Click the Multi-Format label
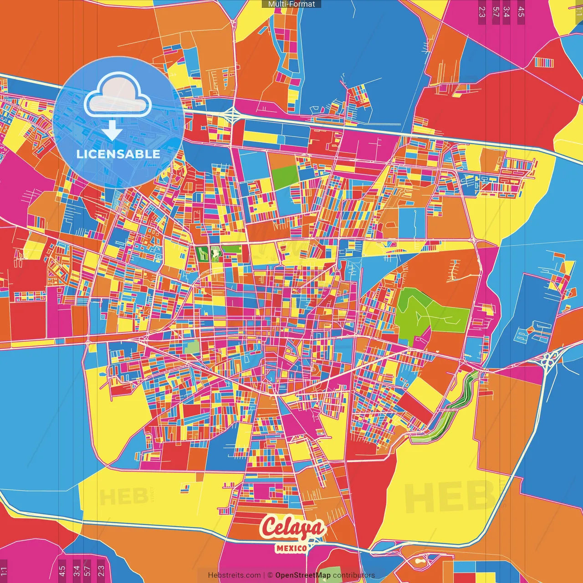point(291,4)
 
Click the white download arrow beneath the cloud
point(112,130)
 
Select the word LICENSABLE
point(118,154)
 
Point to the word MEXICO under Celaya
point(291,548)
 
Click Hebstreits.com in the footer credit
point(234,575)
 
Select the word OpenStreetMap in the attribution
point(303,575)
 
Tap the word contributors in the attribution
point(354,575)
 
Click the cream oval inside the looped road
point(416,561)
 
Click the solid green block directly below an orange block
point(285,177)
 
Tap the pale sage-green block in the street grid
point(192,347)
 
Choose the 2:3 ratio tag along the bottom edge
point(101,571)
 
